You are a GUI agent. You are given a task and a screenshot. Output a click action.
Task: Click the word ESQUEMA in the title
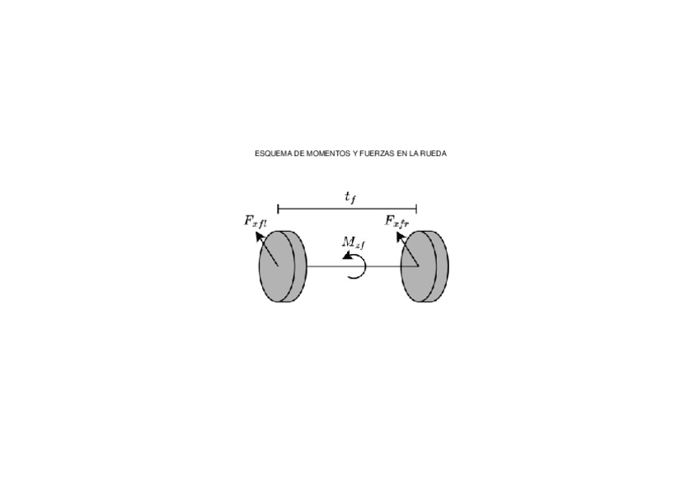pyautogui.click(x=270, y=153)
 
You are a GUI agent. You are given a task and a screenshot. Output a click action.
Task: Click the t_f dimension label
pyautogui.click(x=350, y=197)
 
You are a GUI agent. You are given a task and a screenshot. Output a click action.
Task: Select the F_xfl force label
pyautogui.click(x=255, y=221)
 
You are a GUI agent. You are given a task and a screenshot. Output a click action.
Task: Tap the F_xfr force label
pyautogui.click(x=396, y=221)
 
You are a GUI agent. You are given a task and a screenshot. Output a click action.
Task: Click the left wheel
pyautogui.click(x=282, y=266)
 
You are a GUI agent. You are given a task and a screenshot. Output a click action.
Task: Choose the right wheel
pyautogui.click(x=425, y=266)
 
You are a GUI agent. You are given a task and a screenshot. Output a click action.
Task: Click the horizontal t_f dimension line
pyautogui.click(x=347, y=209)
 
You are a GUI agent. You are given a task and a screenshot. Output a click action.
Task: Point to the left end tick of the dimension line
pyautogui.click(x=278, y=209)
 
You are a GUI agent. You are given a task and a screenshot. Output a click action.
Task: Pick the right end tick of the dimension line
pyautogui.click(x=416, y=209)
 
